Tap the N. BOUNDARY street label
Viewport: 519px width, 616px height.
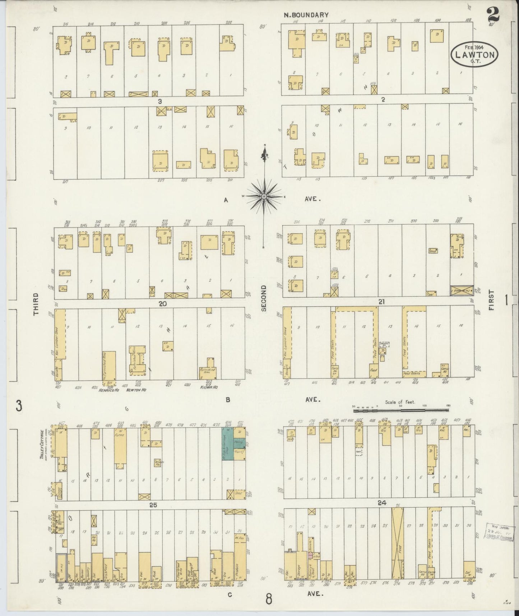click(306, 15)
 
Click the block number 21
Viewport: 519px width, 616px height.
click(381, 302)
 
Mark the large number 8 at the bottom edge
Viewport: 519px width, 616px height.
click(269, 599)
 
